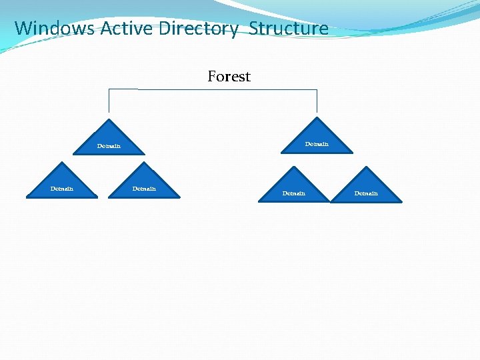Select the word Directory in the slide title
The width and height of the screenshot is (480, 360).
pyautogui.click(x=198, y=29)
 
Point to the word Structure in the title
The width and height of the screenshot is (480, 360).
pyautogui.click(x=289, y=29)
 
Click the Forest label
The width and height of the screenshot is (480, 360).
pyautogui.click(x=229, y=77)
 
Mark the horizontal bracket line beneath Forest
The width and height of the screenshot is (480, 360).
pyautogui.click(x=213, y=89)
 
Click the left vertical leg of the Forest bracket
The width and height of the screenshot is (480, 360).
pyautogui.click(x=109, y=101)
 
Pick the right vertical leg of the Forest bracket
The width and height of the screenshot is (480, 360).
pyautogui.click(x=317, y=101)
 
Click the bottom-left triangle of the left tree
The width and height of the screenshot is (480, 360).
pyautogui.click(x=62, y=183)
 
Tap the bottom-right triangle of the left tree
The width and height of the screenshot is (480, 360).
pyautogui.click(x=144, y=183)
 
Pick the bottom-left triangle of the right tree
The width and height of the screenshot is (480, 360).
pyautogui.click(x=294, y=187)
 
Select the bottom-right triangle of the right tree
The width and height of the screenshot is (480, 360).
pyautogui.click(x=366, y=187)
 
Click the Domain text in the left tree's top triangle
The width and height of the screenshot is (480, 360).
pyautogui.click(x=109, y=146)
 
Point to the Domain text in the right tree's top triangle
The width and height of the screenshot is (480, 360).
pyautogui.click(x=317, y=144)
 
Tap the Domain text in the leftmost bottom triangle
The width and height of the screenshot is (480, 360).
pyautogui.click(x=62, y=189)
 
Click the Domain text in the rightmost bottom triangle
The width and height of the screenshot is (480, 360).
pyautogui.click(x=366, y=193)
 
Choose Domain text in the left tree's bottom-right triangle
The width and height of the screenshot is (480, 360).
pyautogui.click(x=144, y=189)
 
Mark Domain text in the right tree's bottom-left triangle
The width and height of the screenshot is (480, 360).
pyautogui.click(x=294, y=193)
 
